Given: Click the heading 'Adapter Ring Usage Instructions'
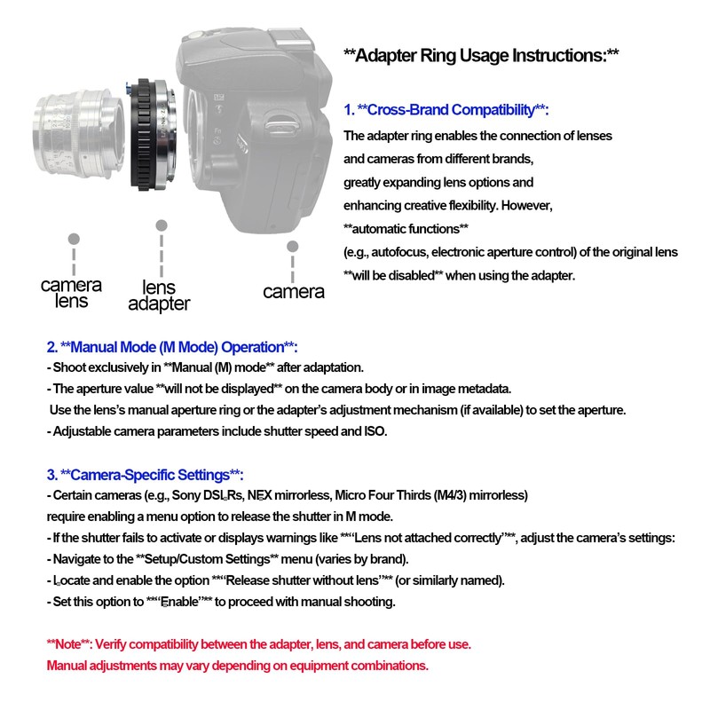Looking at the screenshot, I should pos(480,55).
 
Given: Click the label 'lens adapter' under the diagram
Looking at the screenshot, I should pos(159,296).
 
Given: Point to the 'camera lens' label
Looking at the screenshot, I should pos(71,293).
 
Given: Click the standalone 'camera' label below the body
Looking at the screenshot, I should pos(293,291).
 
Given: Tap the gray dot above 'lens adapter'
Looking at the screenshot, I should pos(161,225).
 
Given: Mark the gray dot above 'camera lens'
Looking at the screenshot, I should pos(74,239).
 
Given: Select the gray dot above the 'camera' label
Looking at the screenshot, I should pos(292,245).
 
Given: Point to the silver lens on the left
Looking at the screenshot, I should pos(80,133).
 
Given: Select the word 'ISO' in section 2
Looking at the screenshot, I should pos(376,431).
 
